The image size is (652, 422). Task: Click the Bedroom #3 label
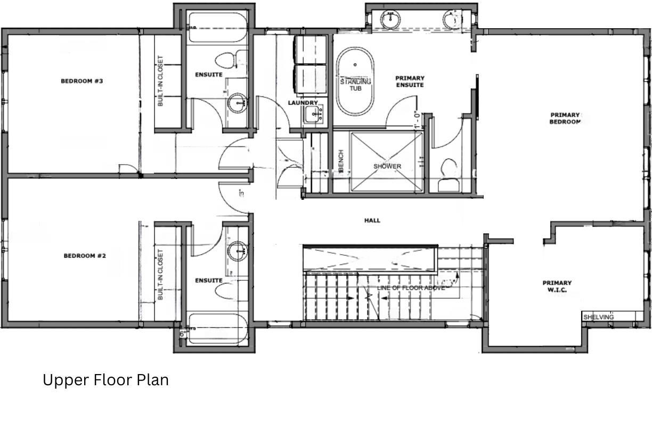81,81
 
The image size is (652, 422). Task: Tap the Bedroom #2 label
85,256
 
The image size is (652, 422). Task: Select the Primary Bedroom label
565,118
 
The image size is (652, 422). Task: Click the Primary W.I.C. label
557,287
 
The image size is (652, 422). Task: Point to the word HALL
372,220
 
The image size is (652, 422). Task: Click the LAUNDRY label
303,103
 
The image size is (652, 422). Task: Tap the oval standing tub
355,82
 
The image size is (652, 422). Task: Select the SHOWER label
387,166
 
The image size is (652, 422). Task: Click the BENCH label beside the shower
341,161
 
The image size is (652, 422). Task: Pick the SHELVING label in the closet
598,317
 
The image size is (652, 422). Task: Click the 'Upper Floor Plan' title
105,380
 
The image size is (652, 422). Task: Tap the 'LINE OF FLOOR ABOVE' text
410,288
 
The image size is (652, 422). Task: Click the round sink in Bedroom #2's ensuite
237,250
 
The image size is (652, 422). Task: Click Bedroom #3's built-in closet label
160,82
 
